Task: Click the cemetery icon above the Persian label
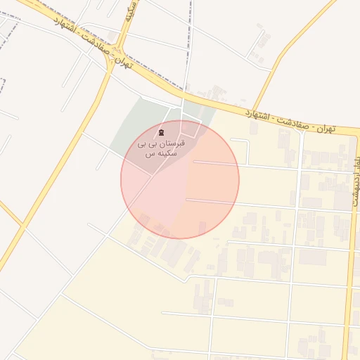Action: click(x=162, y=132)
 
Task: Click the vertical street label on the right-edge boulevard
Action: click(x=353, y=170)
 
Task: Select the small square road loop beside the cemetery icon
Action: click(x=189, y=129)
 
